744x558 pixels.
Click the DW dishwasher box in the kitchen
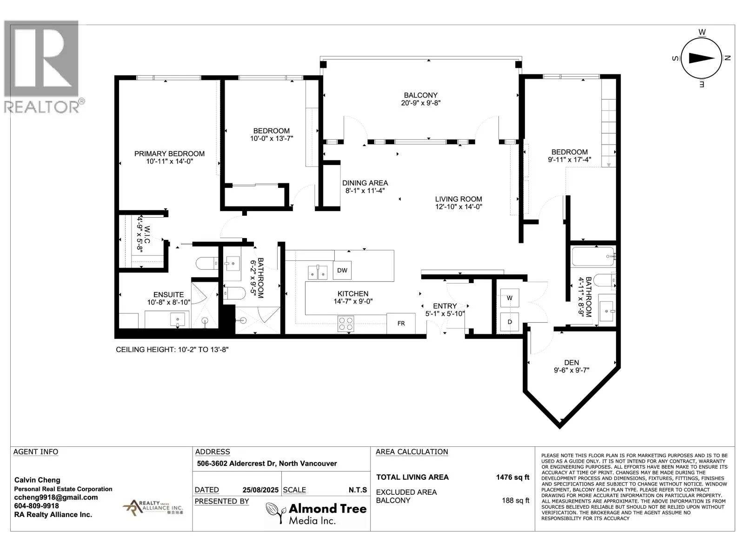[342, 270]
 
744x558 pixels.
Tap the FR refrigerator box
[401, 324]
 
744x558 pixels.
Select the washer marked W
[510, 298]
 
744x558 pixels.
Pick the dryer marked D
[510, 322]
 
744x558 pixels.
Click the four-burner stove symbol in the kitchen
[346, 324]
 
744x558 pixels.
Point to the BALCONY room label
[421, 95]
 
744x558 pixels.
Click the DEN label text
[571, 363]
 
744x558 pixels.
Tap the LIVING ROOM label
[458, 199]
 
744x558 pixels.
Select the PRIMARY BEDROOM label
[169, 154]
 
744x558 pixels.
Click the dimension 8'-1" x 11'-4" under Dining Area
[365, 191]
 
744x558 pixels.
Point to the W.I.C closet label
[147, 234]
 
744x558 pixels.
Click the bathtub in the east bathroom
[593, 257]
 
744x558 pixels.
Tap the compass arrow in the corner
[702, 58]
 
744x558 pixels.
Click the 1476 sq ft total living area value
[512, 478]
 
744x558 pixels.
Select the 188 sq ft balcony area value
[516, 500]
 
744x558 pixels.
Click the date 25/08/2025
[260, 490]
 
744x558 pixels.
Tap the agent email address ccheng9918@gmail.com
[56, 498]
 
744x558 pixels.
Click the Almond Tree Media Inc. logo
[316, 513]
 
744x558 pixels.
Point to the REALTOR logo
[44, 67]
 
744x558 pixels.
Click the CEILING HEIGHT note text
[172, 350]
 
